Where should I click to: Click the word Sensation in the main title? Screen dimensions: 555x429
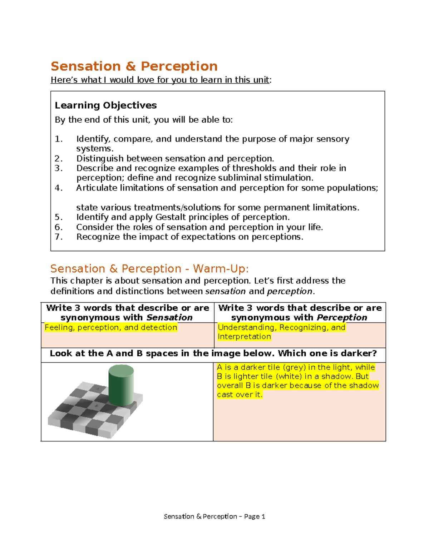coord(85,66)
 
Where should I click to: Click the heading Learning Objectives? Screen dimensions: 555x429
coord(105,105)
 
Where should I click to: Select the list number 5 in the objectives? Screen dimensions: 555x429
coord(59,217)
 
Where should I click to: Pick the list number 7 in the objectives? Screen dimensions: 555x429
coord(59,237)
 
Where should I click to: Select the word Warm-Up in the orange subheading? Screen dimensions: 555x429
coord(220,269)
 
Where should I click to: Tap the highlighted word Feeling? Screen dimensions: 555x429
coord(59,327)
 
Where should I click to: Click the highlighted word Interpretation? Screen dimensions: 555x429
coord(244,337)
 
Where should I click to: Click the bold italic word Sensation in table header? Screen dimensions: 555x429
coord(169,318)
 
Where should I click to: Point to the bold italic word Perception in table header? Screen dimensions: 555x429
coord(342,318)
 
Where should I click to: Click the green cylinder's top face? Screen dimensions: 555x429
coord(121,370)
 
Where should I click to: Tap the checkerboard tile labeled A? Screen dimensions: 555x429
coord(98,389)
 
